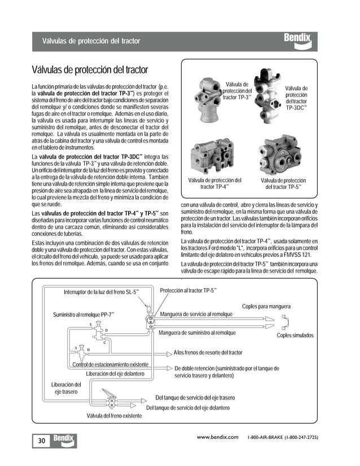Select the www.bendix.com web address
217,437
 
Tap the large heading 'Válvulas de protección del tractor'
90,70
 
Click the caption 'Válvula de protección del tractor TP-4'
214,183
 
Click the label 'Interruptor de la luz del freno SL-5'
100,292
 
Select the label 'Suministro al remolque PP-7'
84,314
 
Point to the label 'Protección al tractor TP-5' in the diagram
188,290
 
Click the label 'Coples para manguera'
266,306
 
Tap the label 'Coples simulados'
295,335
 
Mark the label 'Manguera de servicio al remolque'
196,314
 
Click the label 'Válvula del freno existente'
114,416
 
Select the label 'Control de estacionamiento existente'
111,364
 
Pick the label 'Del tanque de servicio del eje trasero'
195,398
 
